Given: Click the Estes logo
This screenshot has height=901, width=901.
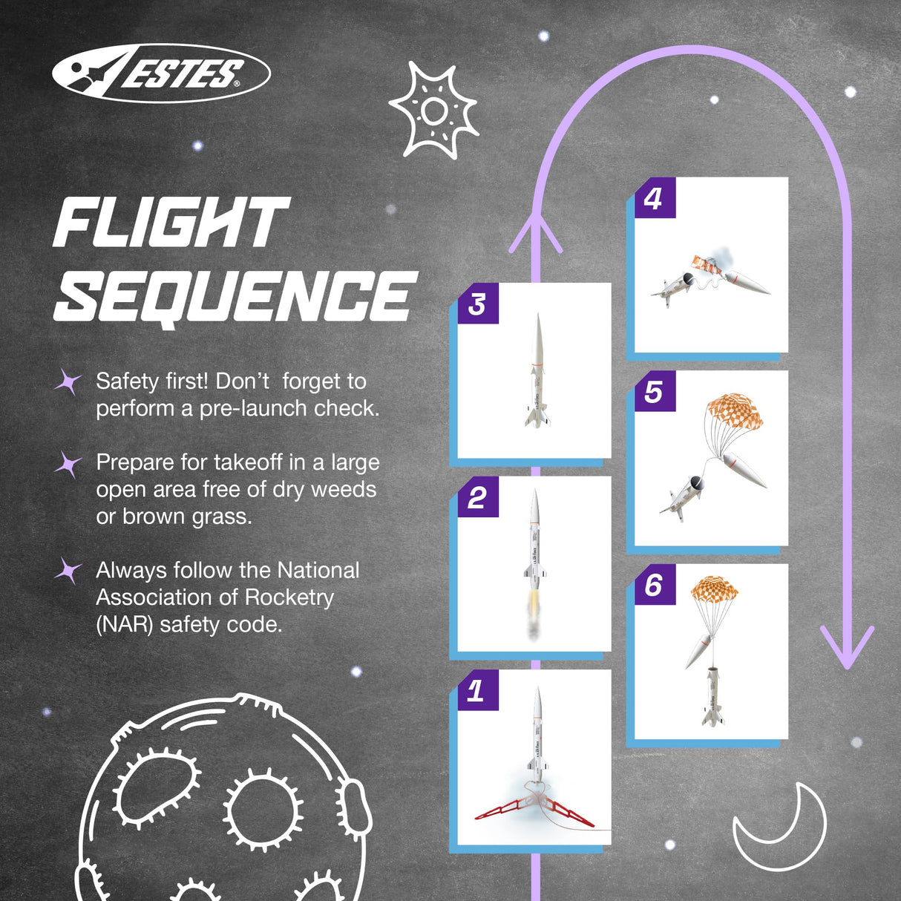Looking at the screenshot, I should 161,73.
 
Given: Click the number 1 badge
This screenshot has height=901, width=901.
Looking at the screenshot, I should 476,691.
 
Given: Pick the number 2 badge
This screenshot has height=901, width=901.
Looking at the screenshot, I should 477,497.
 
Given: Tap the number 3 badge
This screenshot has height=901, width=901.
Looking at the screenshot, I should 477,304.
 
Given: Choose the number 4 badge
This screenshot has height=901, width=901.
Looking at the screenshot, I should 654,198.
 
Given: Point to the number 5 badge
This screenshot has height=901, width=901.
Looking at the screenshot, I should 654,391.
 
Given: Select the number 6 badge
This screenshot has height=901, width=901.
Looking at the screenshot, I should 654,585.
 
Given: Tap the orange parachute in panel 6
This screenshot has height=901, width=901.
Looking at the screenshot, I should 715,589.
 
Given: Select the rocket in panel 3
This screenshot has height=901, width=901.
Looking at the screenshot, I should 537,371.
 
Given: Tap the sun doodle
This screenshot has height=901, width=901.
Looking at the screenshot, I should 433,111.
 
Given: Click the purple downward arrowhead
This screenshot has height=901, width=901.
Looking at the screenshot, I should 847,646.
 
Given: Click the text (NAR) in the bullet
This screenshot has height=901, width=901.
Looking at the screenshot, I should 125,624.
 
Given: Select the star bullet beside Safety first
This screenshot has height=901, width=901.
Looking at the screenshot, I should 68,382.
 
